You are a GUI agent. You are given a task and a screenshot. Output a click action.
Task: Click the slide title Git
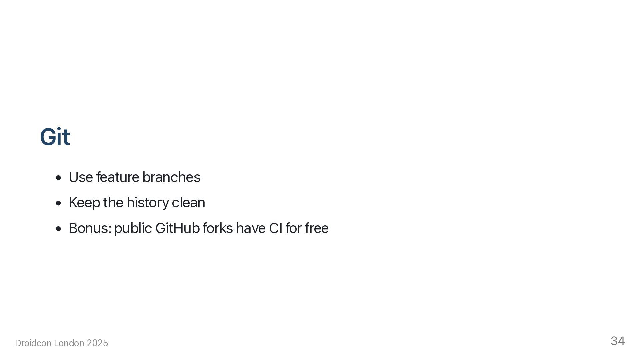55,137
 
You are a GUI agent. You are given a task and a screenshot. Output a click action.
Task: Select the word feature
118,177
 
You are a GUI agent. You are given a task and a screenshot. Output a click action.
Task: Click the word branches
171,177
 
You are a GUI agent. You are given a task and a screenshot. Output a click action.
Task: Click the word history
147,203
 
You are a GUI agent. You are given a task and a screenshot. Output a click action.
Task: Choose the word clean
188,203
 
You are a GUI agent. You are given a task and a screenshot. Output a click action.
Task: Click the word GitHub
177,228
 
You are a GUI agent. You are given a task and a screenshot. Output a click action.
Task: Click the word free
316,228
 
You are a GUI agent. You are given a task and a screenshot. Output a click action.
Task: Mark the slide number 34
618,341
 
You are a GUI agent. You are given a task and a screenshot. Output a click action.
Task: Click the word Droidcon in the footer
33,343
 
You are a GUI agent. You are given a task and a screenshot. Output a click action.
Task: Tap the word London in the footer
69,343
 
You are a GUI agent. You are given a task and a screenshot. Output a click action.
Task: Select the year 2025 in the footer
97,343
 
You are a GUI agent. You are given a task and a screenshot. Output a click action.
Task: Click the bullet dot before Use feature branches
59,178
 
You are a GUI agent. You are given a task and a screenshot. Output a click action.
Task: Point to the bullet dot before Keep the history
59,203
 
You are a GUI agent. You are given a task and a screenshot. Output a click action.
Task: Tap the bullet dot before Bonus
59,229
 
